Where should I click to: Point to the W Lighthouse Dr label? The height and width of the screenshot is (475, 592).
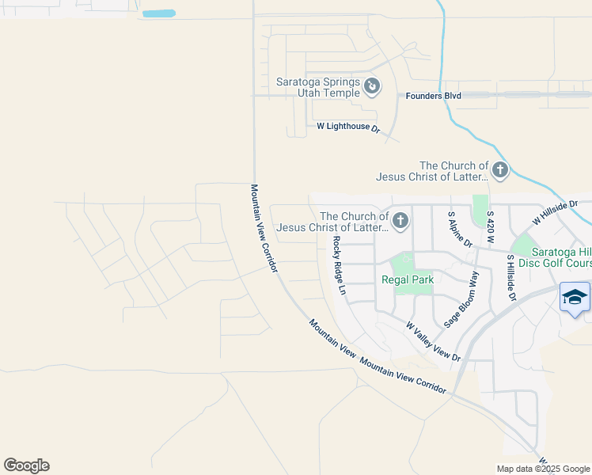point(348,127)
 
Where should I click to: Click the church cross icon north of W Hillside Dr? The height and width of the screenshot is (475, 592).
point(499,169)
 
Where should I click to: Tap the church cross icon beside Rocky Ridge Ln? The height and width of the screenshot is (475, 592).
point(400,220)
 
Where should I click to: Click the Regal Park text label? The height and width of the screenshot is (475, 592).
point(408,279)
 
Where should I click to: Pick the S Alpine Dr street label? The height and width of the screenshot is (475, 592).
point(460,229)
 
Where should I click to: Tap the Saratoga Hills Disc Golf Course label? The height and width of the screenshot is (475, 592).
point(551,256)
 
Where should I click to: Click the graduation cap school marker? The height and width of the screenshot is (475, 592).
point(575,297)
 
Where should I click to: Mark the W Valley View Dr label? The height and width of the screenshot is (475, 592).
point(433,341)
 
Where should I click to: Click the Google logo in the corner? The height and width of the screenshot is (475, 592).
point(26,465)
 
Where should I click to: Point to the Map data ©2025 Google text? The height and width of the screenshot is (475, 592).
point(542,469)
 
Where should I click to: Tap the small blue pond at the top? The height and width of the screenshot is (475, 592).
point(159,13)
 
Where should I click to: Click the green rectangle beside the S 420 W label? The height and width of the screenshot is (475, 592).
point(480,210)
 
